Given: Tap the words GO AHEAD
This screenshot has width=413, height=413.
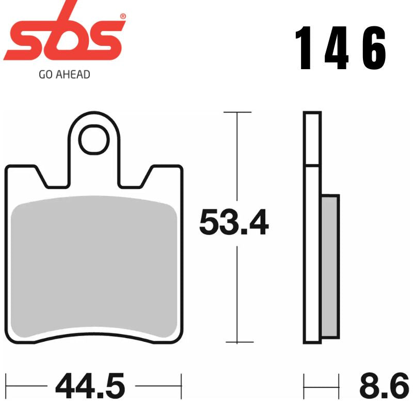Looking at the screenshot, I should tap(65, 75).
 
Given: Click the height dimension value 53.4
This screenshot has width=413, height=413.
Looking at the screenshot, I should tap(234, 223).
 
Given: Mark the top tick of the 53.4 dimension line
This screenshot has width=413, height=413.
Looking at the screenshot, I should tap(237, 112).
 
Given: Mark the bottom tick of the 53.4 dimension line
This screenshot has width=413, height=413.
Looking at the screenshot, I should tap(237, 342).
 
